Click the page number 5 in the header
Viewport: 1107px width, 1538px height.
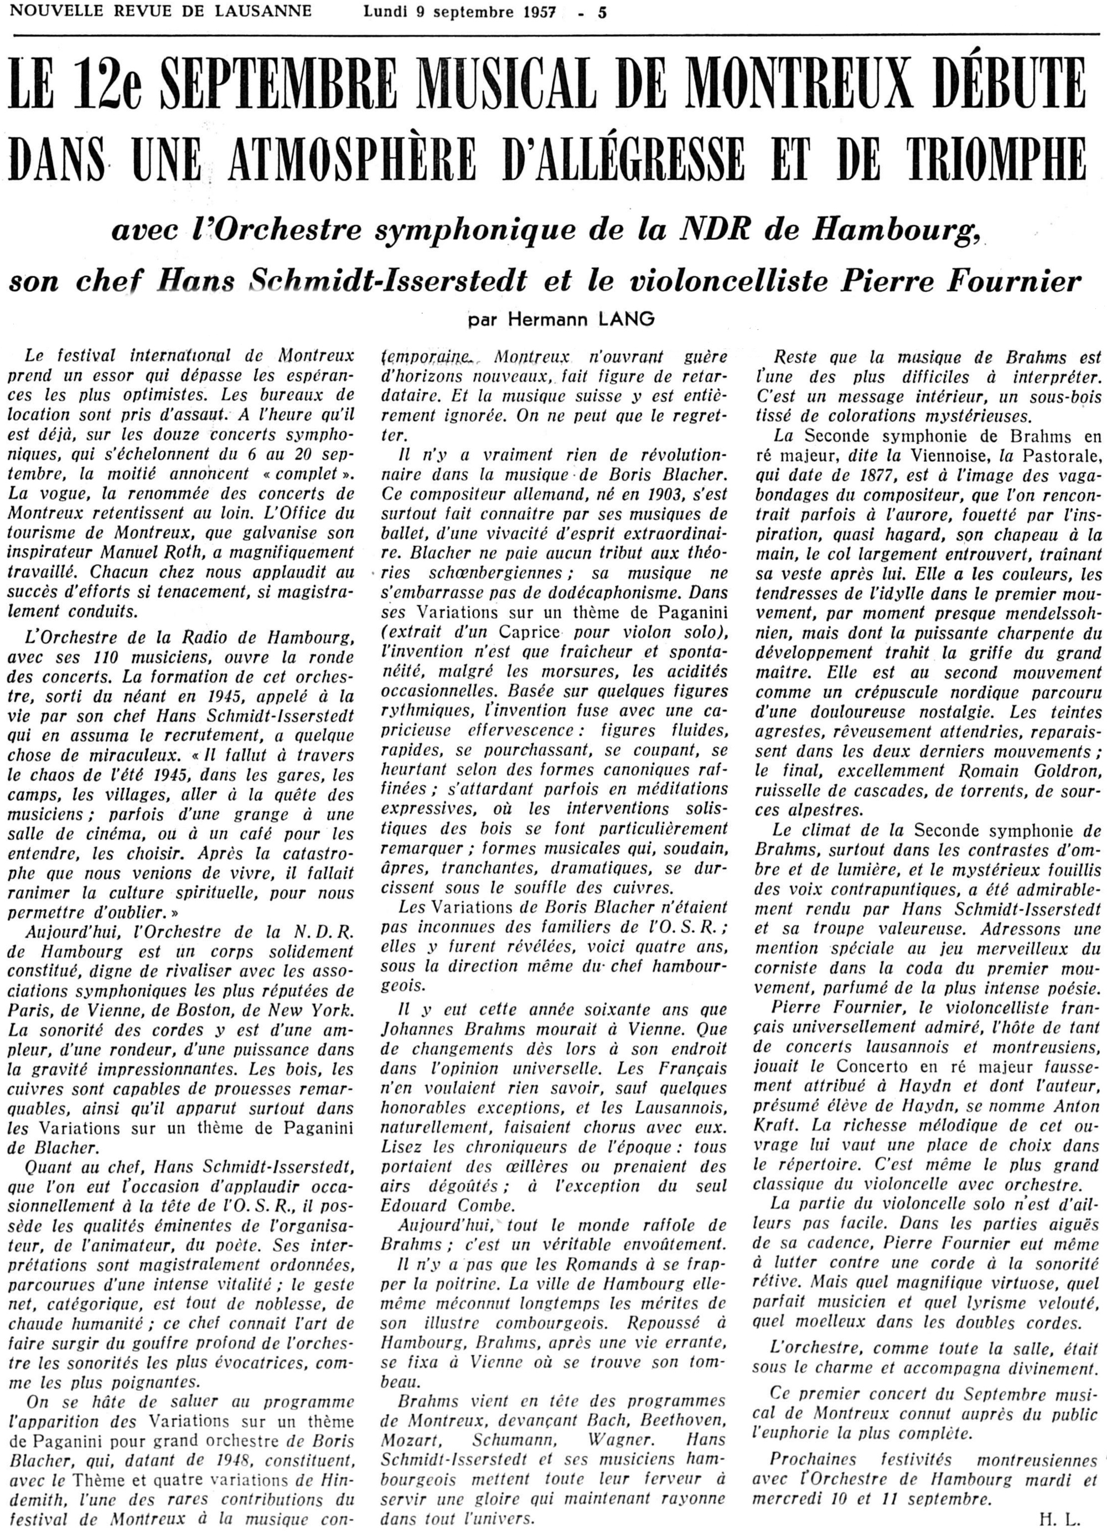[x=602, y=12]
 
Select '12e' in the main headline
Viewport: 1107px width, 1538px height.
[x=111, y=90]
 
